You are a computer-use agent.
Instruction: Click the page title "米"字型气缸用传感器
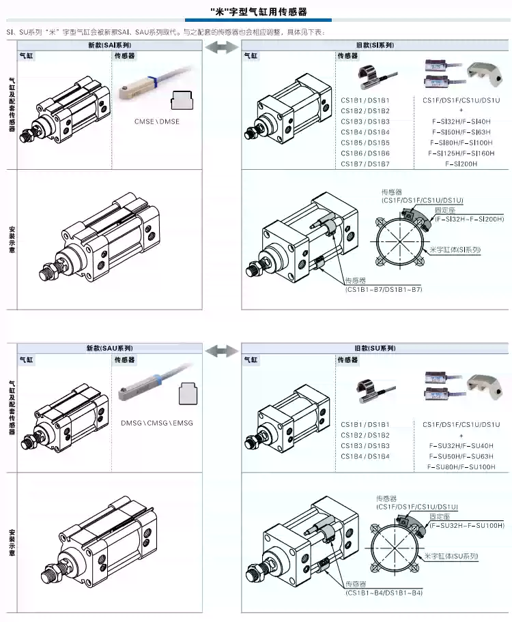click(257, 12)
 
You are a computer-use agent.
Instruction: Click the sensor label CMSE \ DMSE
click(157, 121)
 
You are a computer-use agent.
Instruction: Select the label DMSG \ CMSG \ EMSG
click(157, 423)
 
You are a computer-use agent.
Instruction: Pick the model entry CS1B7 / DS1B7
click(365, 164)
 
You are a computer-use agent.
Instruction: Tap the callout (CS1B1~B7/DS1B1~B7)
click(384, 289)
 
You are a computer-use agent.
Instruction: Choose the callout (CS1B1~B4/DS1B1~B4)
click(384, 593)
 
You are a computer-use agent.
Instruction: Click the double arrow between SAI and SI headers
click(222, 46)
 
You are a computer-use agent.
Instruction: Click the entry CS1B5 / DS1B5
click(365, 143)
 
